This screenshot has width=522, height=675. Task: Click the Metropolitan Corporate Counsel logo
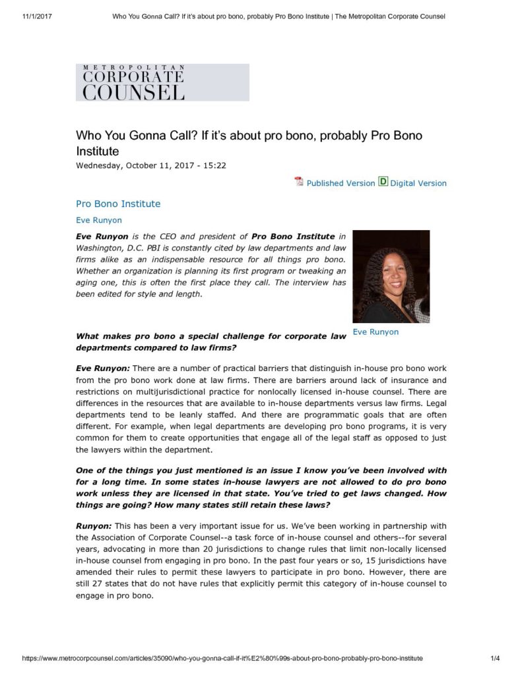(162, 82)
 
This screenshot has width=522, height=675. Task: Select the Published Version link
(341, 183)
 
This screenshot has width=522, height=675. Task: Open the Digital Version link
(418, 183)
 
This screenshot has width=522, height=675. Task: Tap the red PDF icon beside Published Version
(299, 182)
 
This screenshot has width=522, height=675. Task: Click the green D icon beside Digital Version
(383, 182)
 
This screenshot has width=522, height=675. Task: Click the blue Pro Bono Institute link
(118, 204)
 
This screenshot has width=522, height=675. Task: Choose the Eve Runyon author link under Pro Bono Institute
(99, 220)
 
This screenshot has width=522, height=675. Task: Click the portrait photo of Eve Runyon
(391, 276)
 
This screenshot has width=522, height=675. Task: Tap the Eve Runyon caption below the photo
(375, 332)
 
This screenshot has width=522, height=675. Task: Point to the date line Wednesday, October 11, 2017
(151, 165)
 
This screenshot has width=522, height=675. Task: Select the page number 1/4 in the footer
(497, 658)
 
